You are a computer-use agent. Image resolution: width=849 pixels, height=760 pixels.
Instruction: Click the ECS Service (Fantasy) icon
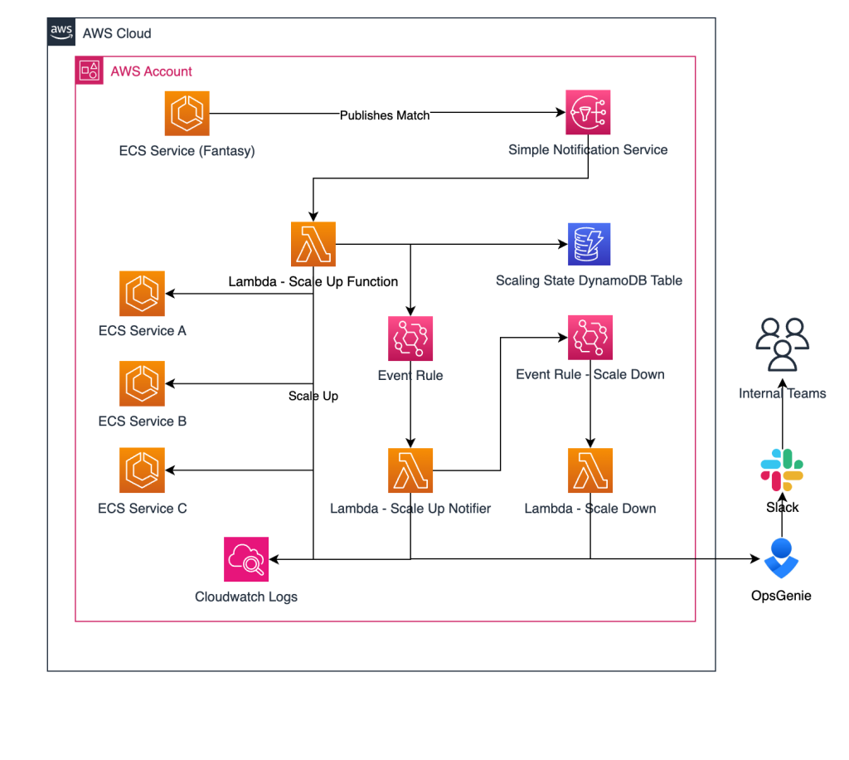pyautogui.click(x=187, y=114)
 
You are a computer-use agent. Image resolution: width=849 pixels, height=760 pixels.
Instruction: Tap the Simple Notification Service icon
pyautogui.click(x=588, y=114)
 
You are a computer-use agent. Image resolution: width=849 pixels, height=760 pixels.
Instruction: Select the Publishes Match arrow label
pyautogui.click(x=385, y=115)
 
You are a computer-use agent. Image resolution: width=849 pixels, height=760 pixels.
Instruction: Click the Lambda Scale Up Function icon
pyautogui.click(x=313, y=244)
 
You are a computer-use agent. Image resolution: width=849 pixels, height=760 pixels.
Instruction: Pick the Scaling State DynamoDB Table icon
pyautogui.click(x=589, y=244)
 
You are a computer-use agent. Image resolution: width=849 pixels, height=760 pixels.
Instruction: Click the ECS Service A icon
pyautogui.click(x=142, y=294)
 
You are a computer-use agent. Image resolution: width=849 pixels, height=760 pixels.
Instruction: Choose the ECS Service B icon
pyautogui.click(x=142, y=383)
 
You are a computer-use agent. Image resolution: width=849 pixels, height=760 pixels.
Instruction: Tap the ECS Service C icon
pyautogui.click(x=142, y=470)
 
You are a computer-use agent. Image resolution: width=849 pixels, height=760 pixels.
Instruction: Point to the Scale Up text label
pyautogui.click(x=313, y=396)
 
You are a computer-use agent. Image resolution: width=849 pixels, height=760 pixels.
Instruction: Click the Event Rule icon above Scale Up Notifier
pyautogui.click(x=410, y=338)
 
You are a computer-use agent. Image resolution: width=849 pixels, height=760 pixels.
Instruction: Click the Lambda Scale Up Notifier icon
pyautogui.click(x=410, y=470)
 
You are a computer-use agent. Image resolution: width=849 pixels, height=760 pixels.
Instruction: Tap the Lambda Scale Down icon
pyautogui.click(x=589, y=470)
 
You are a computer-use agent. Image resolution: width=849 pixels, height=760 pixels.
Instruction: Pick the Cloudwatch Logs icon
pyautogui.click(x=246, y=559)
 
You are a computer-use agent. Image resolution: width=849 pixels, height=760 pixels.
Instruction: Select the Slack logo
pyautogui.click(x=782, y=470)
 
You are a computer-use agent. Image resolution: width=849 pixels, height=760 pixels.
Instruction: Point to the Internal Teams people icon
pyautogui.click(x=782, y=344)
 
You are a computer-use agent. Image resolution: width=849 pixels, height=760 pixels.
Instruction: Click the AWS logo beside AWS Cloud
pyautogui.click(x=61, y=32)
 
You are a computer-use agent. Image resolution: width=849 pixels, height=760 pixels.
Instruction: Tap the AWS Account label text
pyautogui.click(x=152, y=71)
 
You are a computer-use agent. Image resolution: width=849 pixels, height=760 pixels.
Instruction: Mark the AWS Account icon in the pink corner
pyautogui.click(x=90, y=71)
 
